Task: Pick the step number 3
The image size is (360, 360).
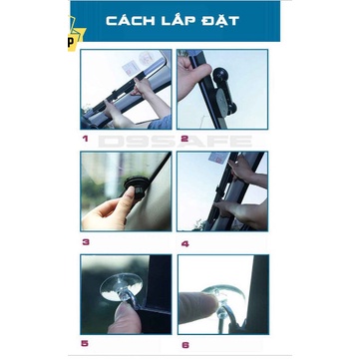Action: (86, 240)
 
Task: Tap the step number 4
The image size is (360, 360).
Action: (183, 240)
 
